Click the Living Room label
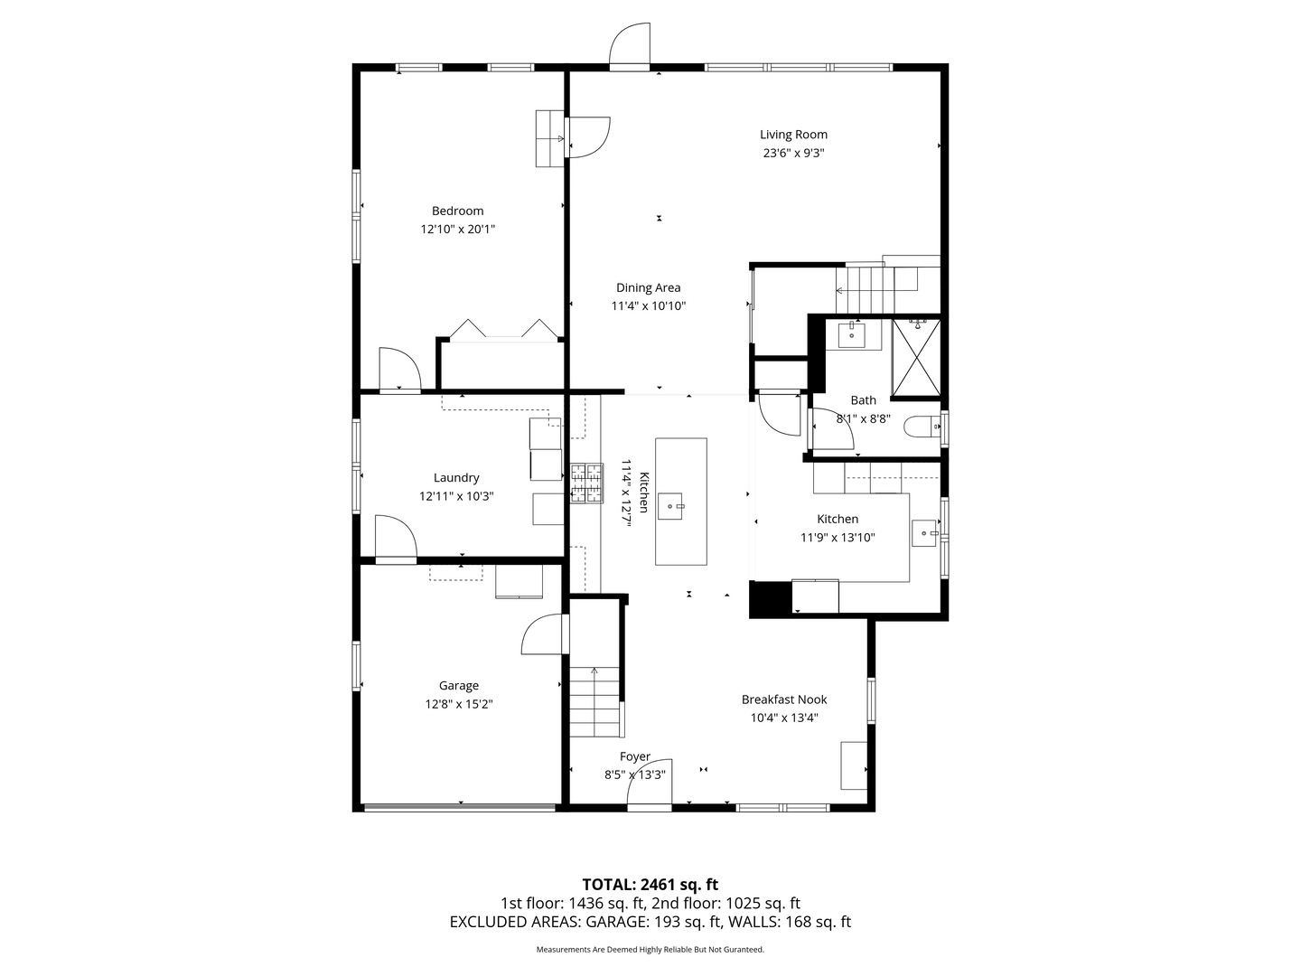(793, 135)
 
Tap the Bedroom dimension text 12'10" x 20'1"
(457, 230)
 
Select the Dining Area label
(648, 288)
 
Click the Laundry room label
(456, 478)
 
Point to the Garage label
(459, 686)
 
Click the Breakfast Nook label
(783, 699)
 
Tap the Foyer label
(634, 756)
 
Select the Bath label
(863, 400)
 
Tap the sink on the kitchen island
(669, 507)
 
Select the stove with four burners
(585, 483)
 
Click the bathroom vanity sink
(852, 334)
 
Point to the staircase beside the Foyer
(594, 700)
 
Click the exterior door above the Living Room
(630, 47)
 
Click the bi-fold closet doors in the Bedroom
(502, 330)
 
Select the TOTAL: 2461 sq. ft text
(650, 885)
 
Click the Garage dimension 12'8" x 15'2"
(459, 705)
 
